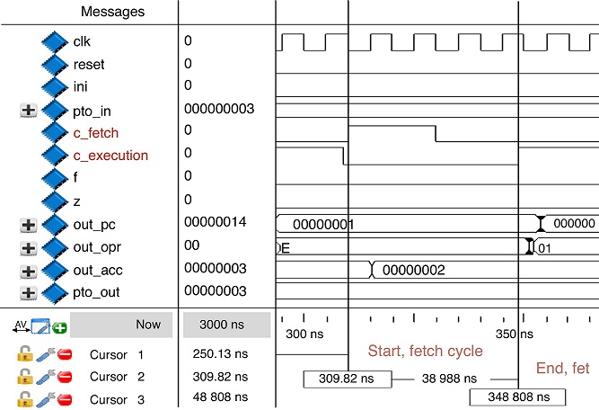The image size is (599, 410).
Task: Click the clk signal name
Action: [x=82, y=41]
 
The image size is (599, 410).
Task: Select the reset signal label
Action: [x=88, y=64]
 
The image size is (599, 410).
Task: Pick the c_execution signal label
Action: [x=110, y=156]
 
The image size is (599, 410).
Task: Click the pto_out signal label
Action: [x=96, y=292]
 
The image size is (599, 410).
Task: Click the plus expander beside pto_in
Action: [x=28, y=110]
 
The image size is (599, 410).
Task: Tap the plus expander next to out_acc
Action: [x=28, y=270]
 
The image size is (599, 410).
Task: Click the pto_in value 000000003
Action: [x=219, y=109]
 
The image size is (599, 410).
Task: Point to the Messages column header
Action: [x=112, y=12]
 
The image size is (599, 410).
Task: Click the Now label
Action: [x=148, y=325]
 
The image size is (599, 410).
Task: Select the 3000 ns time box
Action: [x=225, y=325]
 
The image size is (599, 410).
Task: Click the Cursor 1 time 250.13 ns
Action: [x=219, y=354]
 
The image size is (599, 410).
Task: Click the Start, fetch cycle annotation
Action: [x=426, y=350]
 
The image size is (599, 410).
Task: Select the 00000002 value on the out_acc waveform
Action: [x=414, y=269]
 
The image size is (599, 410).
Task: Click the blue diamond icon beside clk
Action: [x=55, y=41]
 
